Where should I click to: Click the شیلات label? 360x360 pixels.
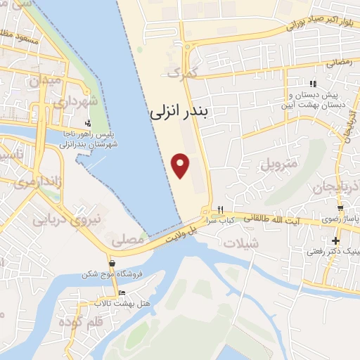241,243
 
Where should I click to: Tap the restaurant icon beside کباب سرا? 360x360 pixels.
220,210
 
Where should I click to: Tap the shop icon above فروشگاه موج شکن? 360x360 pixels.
112,262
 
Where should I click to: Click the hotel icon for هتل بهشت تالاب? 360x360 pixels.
122,293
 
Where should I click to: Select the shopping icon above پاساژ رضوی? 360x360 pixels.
340,208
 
